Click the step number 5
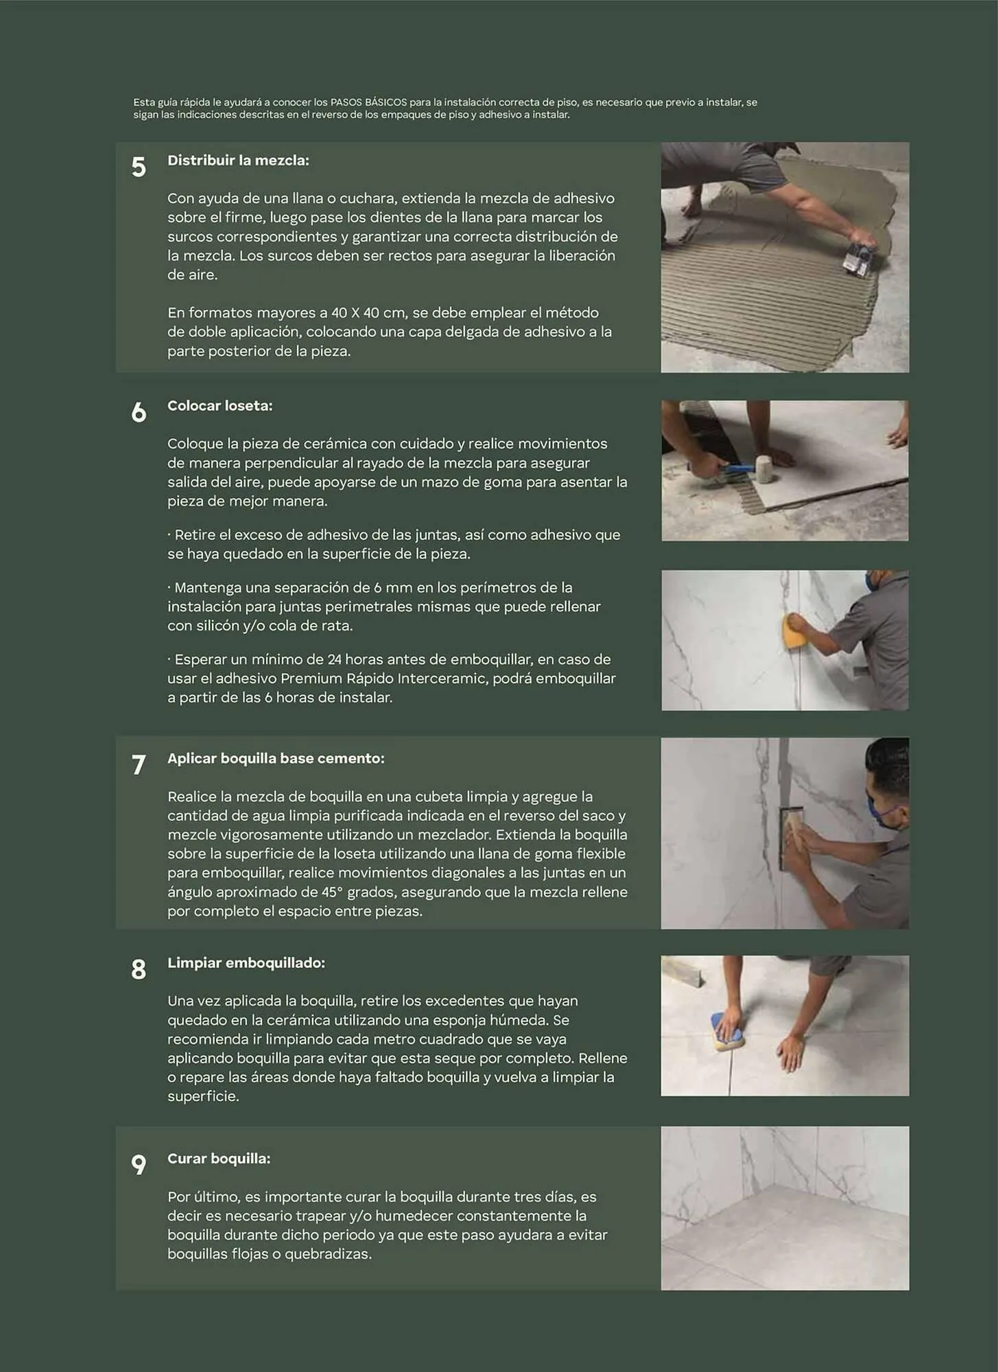coord(139,167)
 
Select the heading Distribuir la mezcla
coord(238,161)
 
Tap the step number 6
coord(139,412)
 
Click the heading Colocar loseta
coord(219,406)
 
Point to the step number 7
coord(139,765)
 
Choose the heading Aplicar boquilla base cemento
coord(276,759)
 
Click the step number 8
coord(139,969)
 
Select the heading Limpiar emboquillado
coord(246,963)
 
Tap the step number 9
coord(139,1165)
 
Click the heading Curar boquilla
coord(219,1159)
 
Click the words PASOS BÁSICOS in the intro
coord(368,102)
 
